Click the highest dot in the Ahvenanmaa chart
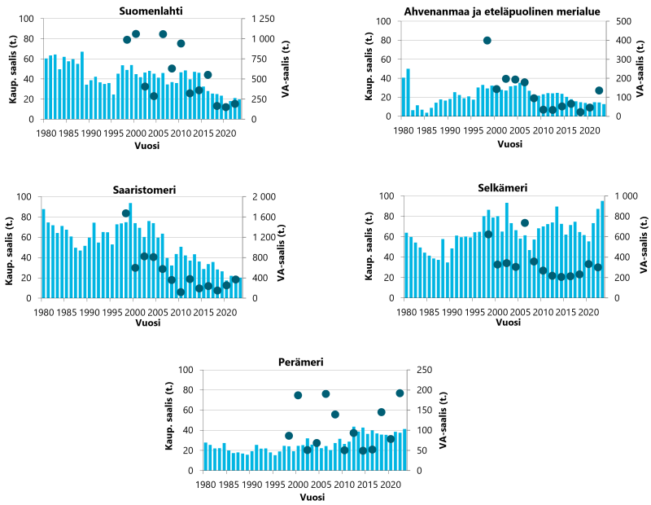point(487,40)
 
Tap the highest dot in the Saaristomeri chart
point(126,213)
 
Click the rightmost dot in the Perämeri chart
point(400,393)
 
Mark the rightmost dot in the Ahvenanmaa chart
point(599,90)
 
